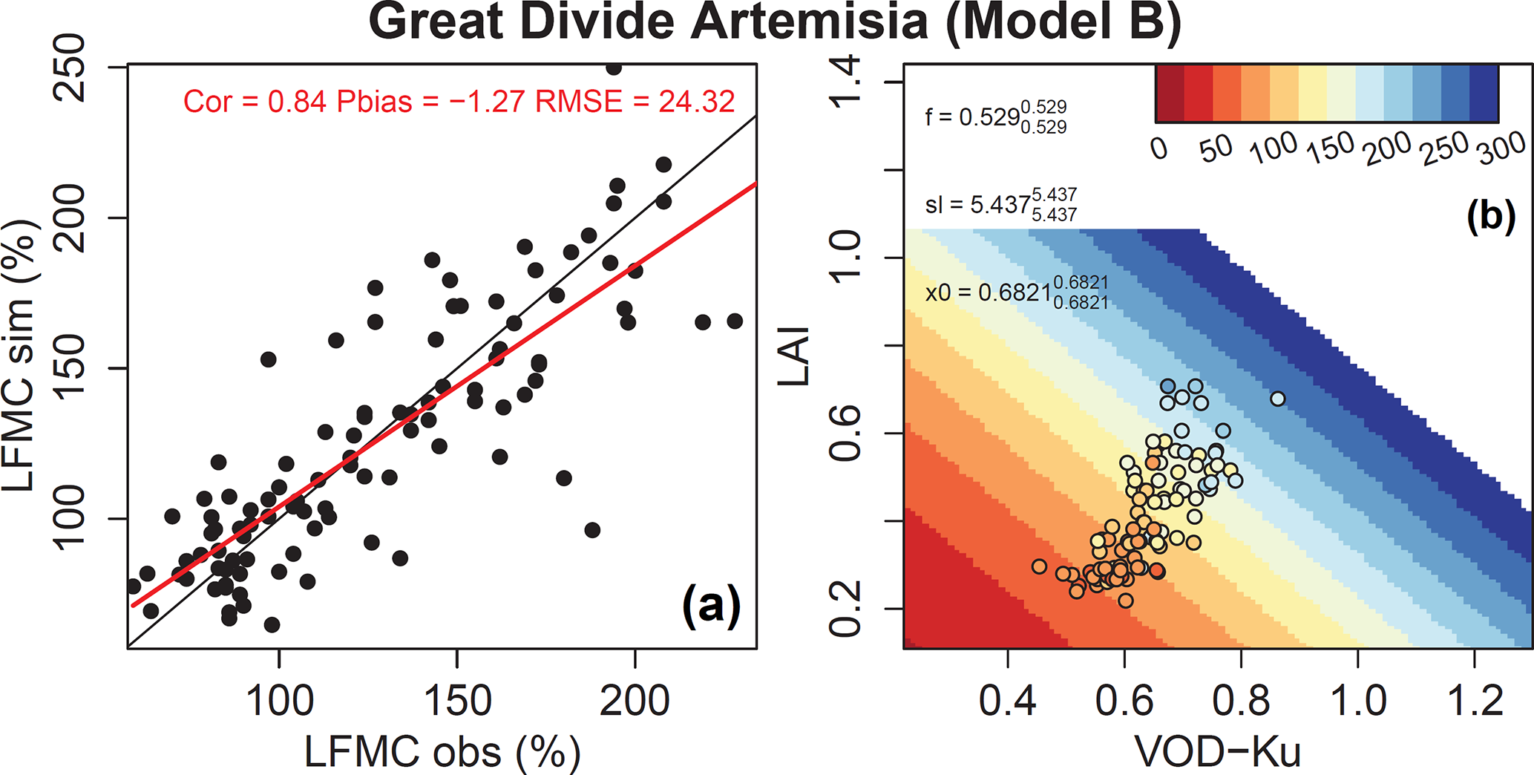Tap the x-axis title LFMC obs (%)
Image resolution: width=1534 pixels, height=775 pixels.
pyautogui.click(x=442, y=752)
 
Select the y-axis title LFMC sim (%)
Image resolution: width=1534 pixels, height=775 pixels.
pyautogui.click(x=20, y=356)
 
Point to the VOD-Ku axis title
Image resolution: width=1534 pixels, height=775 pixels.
pyautogui.click(x=1218, y=752)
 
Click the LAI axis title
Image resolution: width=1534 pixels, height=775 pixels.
pyautogui.click(x=794, y=357)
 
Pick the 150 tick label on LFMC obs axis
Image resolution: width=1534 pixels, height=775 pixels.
pyautogui.click(x=457, y=701)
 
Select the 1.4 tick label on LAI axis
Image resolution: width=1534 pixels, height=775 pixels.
pyautogui.click(x=845, y=82)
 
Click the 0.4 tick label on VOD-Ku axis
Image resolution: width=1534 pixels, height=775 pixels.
pyautogui.click(x=1007, y=701)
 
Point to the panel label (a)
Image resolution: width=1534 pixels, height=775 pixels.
pyautogui.click(x=711, y=605)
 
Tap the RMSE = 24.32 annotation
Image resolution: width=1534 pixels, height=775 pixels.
pyautogui.click(x=635, y=102)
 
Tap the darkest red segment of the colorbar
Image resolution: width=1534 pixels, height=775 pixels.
pyautogui.click(x=1170, y=94)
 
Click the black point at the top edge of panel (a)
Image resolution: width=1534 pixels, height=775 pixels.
pyautogui.click(x=614, y=68)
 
